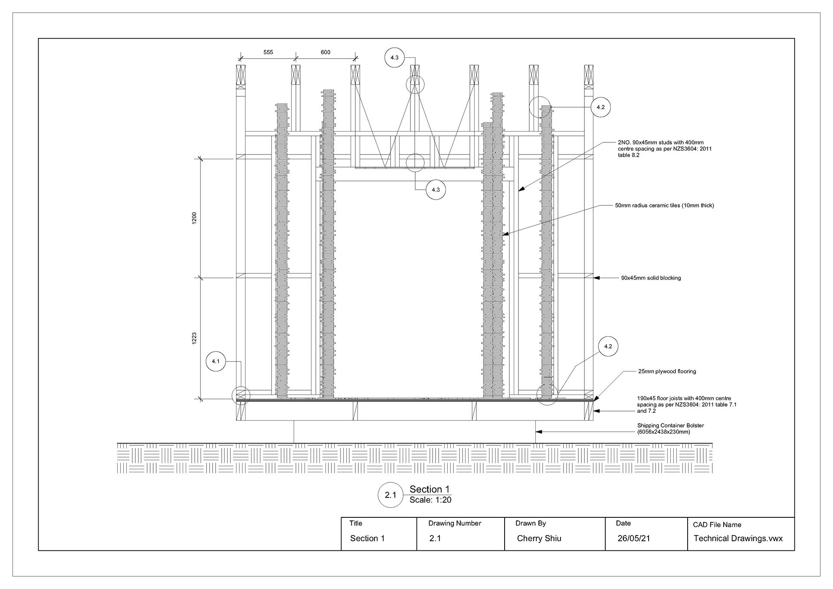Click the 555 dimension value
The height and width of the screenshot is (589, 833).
pos(268,53)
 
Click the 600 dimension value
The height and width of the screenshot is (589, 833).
pos(325,53)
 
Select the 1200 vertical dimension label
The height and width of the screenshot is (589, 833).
pos(194,218)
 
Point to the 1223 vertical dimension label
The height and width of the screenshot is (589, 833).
pos(194,339)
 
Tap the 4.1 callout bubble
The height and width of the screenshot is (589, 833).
pos(216,361)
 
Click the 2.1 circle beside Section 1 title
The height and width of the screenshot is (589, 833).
pos(390,495)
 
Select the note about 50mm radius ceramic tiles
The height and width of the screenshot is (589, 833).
pos(664,206)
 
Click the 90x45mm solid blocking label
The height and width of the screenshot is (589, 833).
pos(651,278)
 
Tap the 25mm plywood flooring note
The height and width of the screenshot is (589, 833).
pos(667,372)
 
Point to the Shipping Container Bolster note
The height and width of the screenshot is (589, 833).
pos(670,429)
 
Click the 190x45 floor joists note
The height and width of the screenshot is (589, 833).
pos(686,405)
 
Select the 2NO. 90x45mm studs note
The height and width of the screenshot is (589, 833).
pos(665,148)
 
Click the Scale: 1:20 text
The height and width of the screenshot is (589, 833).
pos(430,500)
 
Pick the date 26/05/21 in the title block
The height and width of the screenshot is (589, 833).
pos(633,539)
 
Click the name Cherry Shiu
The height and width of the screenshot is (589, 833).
pos(539,539)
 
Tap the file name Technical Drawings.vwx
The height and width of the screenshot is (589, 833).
pos(738,539)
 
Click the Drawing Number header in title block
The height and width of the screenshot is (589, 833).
pos(455,523)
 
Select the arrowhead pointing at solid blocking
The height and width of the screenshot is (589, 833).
pos(597,278)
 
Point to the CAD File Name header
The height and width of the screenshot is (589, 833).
pos(717,525)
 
